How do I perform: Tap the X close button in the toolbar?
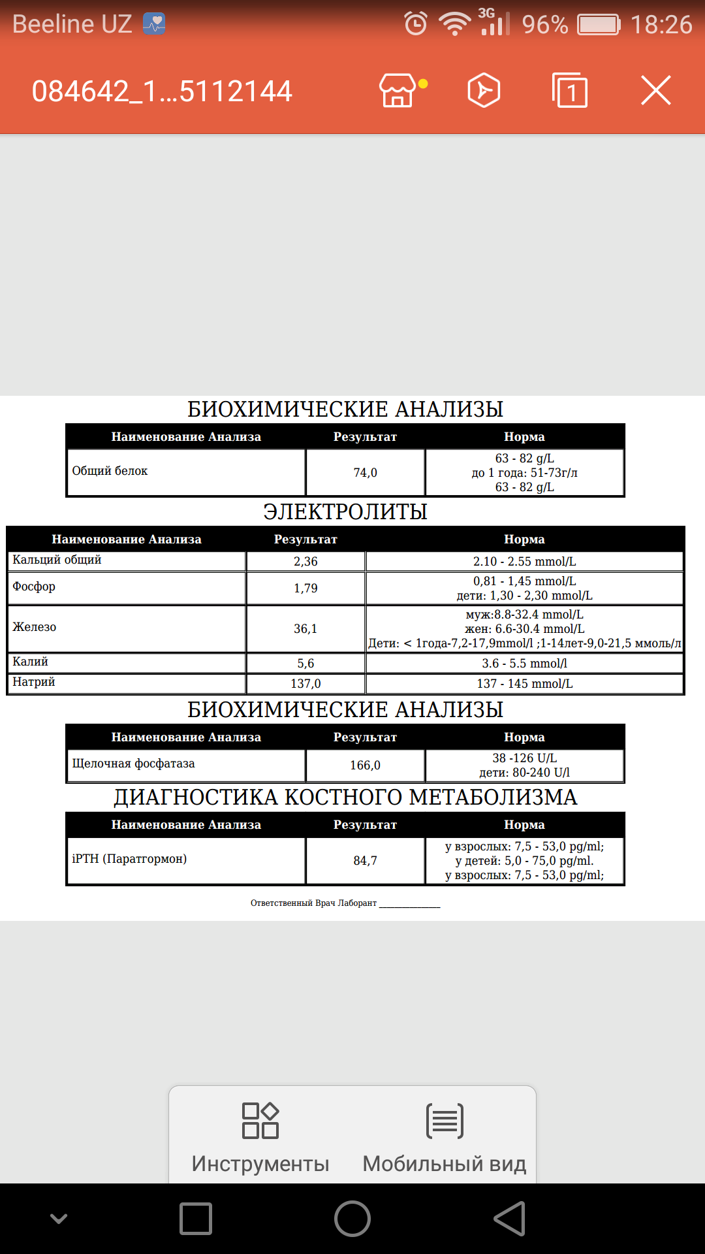pos(655,90)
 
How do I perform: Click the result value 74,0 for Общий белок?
pos(365,472)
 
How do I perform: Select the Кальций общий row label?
pos(57,560)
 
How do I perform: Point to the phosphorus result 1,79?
pos(305,588)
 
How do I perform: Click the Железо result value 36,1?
pos(305,628)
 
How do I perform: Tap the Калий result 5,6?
pos(305,663)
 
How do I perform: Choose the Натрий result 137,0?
pos(305,683)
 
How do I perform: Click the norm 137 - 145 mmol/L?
pos(524,683)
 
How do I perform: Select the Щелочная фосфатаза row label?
pos(133,764)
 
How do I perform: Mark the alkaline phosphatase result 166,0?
pos(365,765)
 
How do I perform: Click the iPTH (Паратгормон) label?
pos(129,858)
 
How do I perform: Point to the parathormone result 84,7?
pos(365,860)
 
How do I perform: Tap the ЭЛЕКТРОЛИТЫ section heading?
pos(345,511)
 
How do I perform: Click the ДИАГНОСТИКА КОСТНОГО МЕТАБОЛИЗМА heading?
pos(345,797)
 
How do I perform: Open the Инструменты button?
pos(260,1136)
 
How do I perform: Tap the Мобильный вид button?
pos(445,1136)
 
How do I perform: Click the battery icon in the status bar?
pos(598,25)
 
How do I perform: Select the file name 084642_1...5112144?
pos(162,91)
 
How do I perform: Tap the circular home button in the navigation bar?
pos(352,1219)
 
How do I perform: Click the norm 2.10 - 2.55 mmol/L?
pos(524,561)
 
